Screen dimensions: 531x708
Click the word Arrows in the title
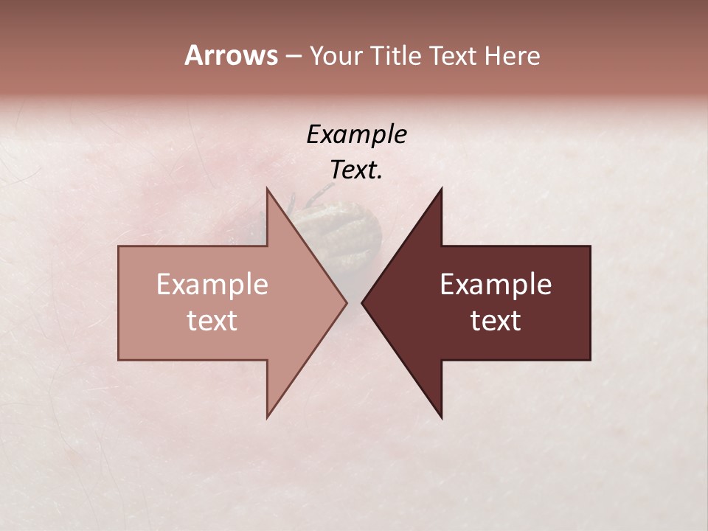[230, 55]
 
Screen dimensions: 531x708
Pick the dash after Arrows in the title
[292, 57]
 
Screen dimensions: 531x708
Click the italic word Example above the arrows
[356, 134]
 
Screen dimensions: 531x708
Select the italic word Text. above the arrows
[356, 170]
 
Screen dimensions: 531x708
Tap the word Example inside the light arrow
[212, 284]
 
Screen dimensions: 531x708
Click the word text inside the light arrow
[212, 321]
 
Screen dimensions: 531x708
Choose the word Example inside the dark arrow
[496, 284]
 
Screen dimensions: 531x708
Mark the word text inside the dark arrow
[496, 321]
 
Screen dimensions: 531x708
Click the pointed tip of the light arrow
[346, 302]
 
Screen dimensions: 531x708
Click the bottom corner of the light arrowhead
[268, 417]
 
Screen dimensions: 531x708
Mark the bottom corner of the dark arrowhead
[441, 417]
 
